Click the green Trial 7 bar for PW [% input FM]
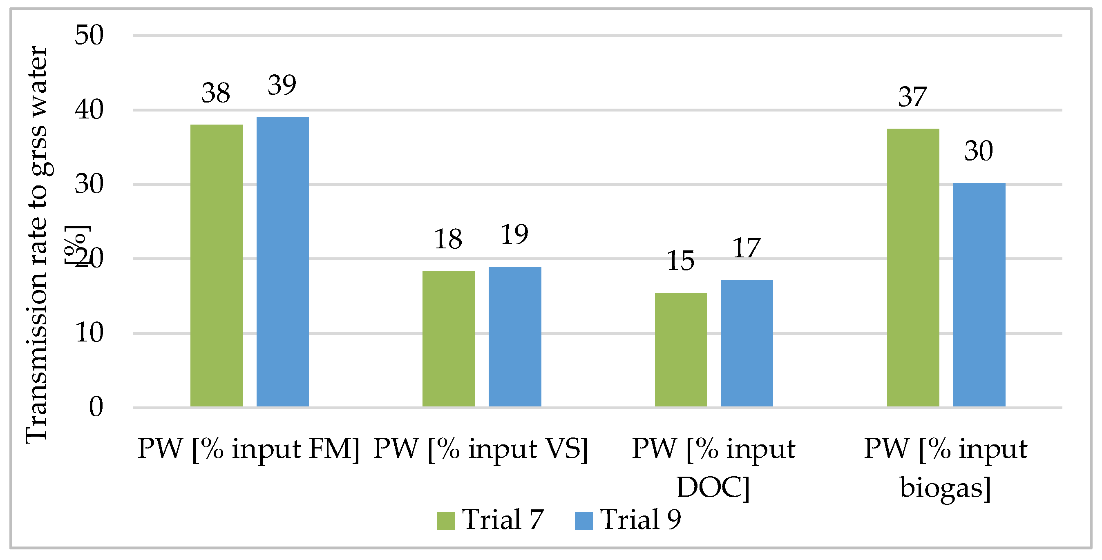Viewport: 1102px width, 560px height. [x=216, y=265]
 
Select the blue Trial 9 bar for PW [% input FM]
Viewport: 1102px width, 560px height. [x=282, y=262]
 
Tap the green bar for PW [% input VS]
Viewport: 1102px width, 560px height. [x=448, y=338]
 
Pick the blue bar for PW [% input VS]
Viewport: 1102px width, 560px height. [x=515, y=336]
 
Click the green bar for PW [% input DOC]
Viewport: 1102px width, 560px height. [x=681, y=350]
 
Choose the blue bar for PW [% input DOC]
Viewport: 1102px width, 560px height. [x=747, y=343]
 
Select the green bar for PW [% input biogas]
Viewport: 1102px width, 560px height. [x=913, y=268]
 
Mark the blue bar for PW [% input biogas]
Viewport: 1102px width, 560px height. [x=979, y=295]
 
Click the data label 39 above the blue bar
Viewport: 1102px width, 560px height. [x=282, y=85]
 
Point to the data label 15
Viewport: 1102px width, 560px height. [x=680, y=261]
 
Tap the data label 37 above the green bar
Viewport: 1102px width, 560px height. [x=912, y=97]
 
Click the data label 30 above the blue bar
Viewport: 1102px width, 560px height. [x=978, y=151]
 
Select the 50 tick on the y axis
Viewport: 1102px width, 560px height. [x=89, y=35]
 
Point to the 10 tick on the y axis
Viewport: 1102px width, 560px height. [x=89, y=332]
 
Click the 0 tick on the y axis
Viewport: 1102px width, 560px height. [x=96, y=407]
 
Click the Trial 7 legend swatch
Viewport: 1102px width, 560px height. [x=446, y=521]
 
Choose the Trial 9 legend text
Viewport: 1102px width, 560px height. [x=640, y=520]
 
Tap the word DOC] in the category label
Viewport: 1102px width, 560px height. [x=713, y=487]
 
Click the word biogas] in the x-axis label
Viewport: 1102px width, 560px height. [x=946, y=487]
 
